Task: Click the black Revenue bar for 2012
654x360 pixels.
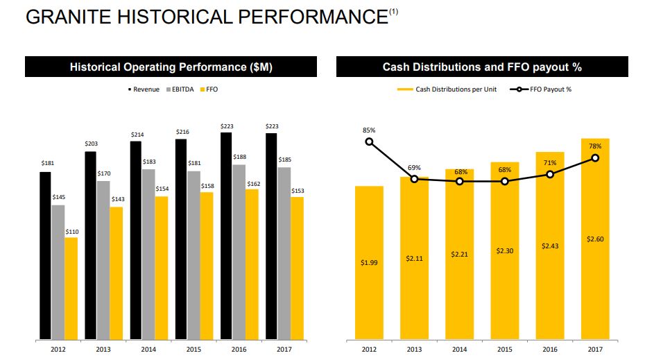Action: (x=46, y=256)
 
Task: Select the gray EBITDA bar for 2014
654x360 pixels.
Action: (x=148, y=255)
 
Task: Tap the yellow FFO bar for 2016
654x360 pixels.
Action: (x=252, y=264)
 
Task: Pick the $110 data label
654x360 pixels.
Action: (x=71, y=232)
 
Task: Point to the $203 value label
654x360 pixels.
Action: (x=91, y=144)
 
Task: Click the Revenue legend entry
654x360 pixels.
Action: (x=144, y=89)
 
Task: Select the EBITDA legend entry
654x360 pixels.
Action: (x=180, y=89)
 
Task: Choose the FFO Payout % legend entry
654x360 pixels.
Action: (x=540, y=89)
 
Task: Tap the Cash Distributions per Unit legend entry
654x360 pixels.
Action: (x=447, y=89)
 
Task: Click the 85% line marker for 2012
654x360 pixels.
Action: (x=369, y=142)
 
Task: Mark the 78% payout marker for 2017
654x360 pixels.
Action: (x=595, y=158)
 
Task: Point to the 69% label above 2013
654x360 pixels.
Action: (x=414, y=168)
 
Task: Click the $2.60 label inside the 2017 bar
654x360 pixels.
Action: (x=595, y=239)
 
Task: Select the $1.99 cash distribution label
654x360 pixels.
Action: (x=369, y=262)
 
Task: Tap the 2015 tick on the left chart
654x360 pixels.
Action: (x=193, y=349)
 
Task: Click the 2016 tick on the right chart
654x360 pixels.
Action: (x=550, y=349)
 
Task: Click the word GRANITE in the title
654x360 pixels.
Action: (x=69, y=17)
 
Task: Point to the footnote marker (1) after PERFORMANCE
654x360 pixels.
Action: (x=394, y=12)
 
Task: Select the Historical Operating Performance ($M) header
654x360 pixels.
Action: (x=171, y=67)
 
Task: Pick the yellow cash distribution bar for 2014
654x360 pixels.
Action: (x=459, y=254)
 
